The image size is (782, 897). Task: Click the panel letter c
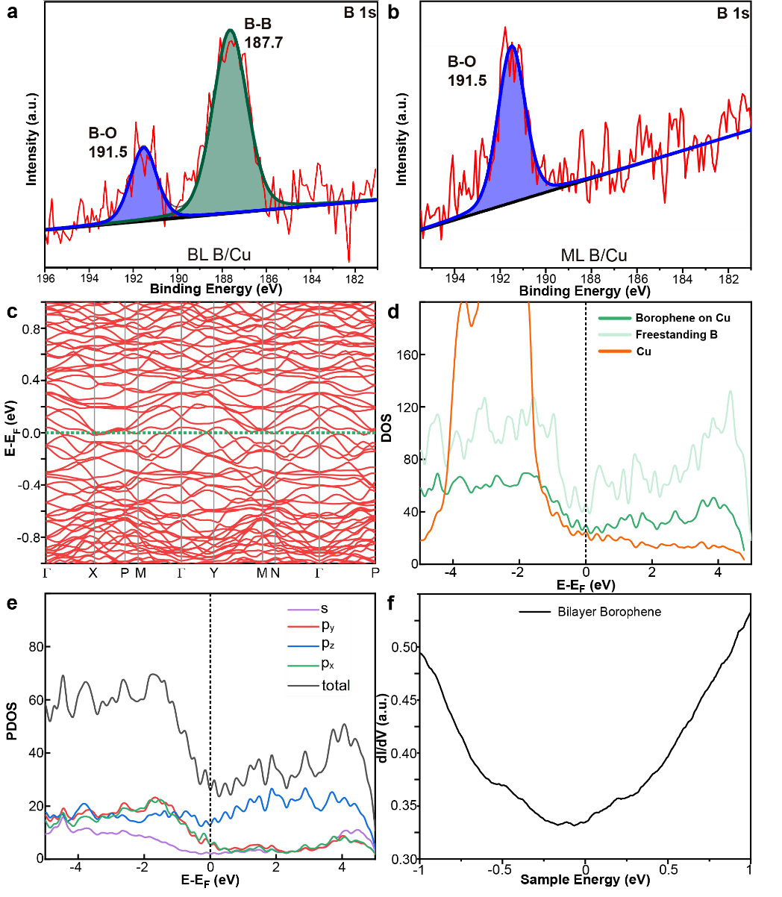coord(12,311)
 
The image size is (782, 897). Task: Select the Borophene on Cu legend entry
coord(682,318)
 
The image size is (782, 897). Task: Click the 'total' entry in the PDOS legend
coord(335,684)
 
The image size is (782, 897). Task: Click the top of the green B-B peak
coord(230,31)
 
